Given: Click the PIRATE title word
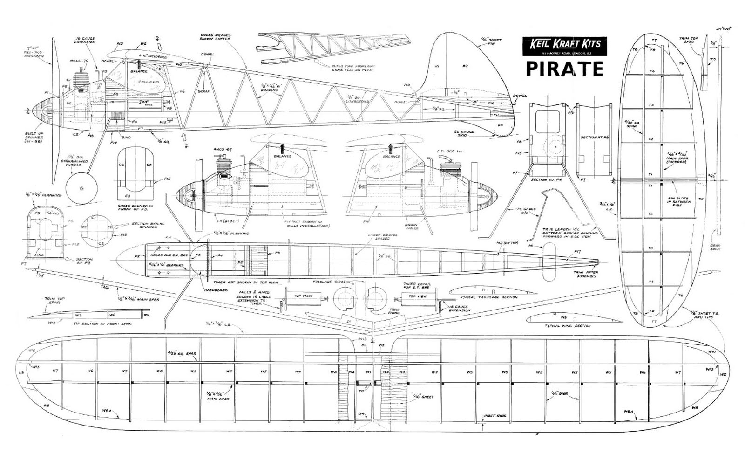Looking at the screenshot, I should pyautogui.click(x=564, y=69).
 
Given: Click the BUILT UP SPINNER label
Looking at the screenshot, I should pyautogui.click(x=34, y=138).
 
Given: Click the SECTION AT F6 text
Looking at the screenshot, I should pyautogui.click(x=595, y=138).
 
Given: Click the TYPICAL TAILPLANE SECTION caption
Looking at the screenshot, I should pyautogui.click(x=488, y=297).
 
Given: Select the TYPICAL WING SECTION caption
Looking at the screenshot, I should pyautogui.click(x=568, y=326).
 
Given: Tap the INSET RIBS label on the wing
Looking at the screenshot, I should pyautogui.click(x=494, y=415).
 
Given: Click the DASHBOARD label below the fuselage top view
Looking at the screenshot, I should pyautogui.click(x=216, y=290).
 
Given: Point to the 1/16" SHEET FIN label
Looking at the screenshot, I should pyautogui.click(x=492, y=42).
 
